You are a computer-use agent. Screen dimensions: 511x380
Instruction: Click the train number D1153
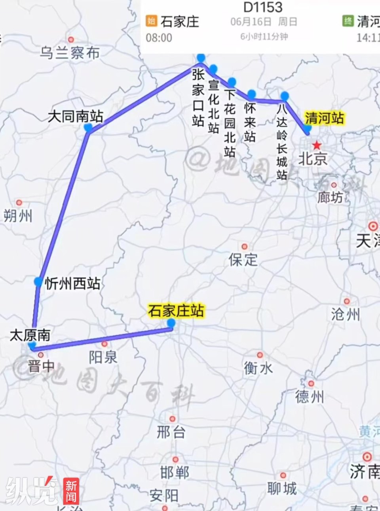click(263, 7)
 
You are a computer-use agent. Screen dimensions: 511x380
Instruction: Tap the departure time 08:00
click(159, 38)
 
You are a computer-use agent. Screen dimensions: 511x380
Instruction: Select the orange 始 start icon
click(151, 21)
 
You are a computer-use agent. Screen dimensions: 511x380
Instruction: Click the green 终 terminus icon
click(348, 21)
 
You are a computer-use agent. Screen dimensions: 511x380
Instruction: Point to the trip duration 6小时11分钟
click(264, 37)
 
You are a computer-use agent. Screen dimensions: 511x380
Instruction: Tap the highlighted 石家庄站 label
click(176, 311)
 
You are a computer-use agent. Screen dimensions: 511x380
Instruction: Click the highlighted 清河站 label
click(324, 118)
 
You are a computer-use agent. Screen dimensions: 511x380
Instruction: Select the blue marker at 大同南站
click(88, 128)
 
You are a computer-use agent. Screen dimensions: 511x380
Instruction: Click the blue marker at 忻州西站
click(38, 281)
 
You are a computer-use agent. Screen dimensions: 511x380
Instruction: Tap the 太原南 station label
click(30, 335)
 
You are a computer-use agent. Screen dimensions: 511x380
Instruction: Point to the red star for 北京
click(317, 145)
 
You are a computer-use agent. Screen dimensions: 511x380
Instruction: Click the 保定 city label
click(243, 260)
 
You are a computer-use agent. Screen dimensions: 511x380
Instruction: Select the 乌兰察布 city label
click(70, 53)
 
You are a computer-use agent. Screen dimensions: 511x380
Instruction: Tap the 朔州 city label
click(18, 216)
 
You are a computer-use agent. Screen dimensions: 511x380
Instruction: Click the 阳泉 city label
click(103, 357)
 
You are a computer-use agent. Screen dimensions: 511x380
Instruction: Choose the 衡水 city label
click(258, 368)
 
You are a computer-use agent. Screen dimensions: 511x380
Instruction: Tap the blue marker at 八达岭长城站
click(285, 96)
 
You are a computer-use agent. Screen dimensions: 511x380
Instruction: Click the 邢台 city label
click(171, 432)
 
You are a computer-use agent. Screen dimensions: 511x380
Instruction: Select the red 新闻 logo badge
click(71, 491)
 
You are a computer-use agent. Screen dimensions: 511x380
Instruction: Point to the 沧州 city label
click(346, 314)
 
